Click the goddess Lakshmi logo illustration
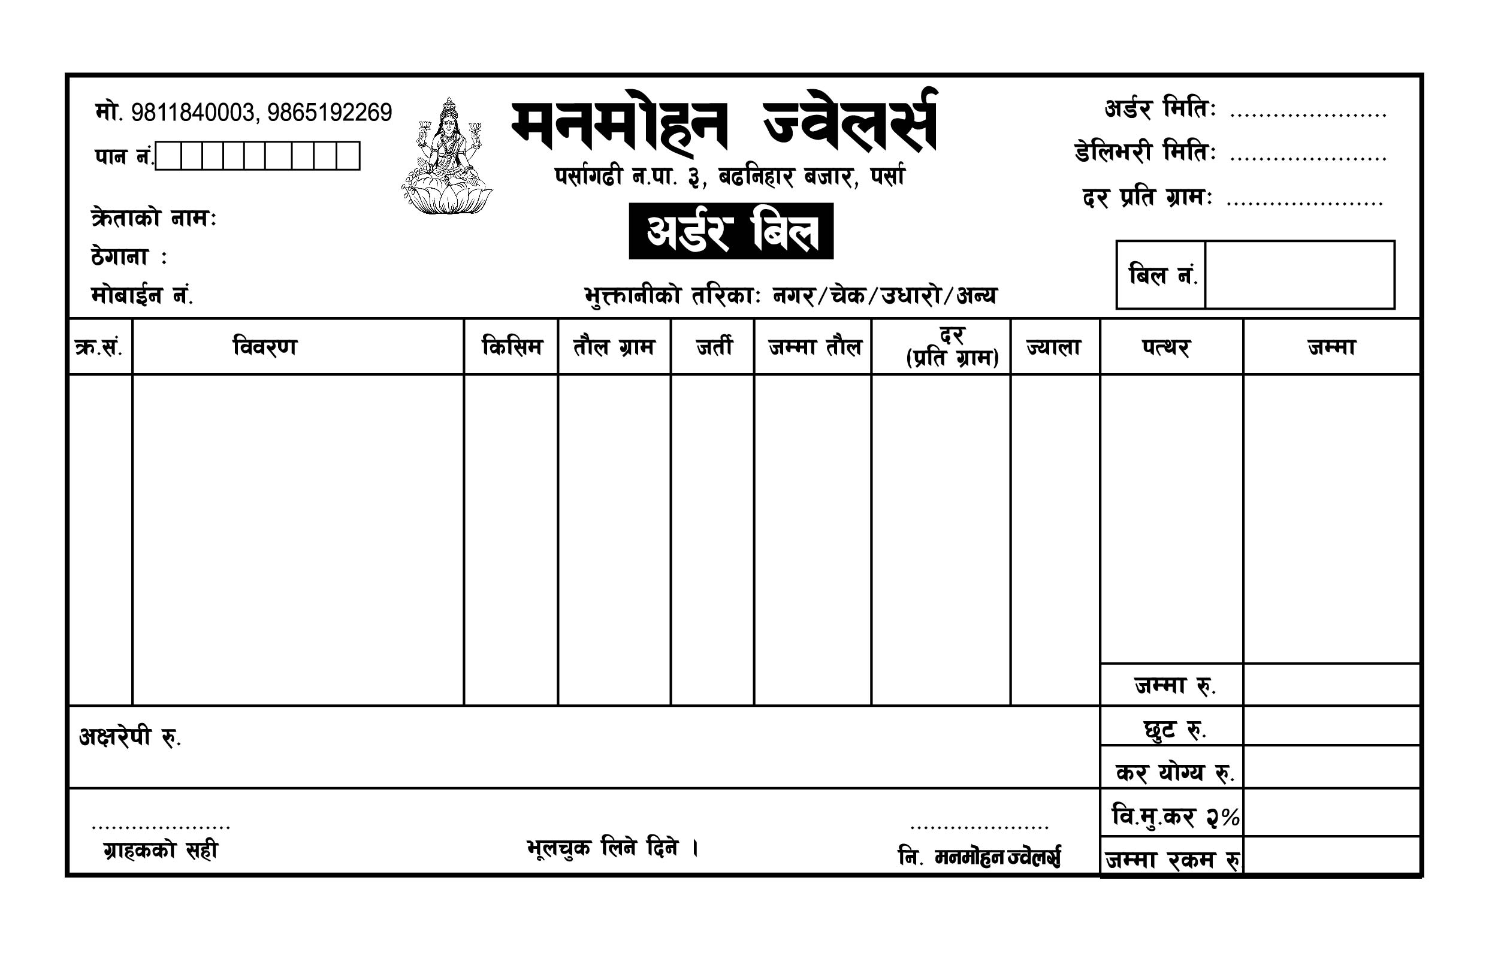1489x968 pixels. click(447, 156)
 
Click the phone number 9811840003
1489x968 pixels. click(192, 113)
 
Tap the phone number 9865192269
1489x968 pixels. click(329, 113)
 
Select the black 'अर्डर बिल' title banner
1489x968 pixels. click(731, 231)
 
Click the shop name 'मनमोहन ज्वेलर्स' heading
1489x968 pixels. click(724, 123)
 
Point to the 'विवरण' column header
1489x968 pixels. click(265, 346)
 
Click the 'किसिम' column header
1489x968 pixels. click(511, 346)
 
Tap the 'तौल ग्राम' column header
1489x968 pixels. click(614, 346)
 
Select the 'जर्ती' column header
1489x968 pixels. click(713, 346)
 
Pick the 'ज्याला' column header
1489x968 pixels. click(1054, 346)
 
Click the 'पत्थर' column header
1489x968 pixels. click(1165, 346)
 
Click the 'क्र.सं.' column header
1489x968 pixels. click(99, 347)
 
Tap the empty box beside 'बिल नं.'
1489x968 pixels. click(1299, 274)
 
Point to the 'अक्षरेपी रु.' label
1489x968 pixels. click(129, 737)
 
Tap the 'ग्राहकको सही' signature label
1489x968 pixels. click(161, 850)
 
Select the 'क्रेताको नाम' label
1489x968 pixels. click(153, 218)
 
